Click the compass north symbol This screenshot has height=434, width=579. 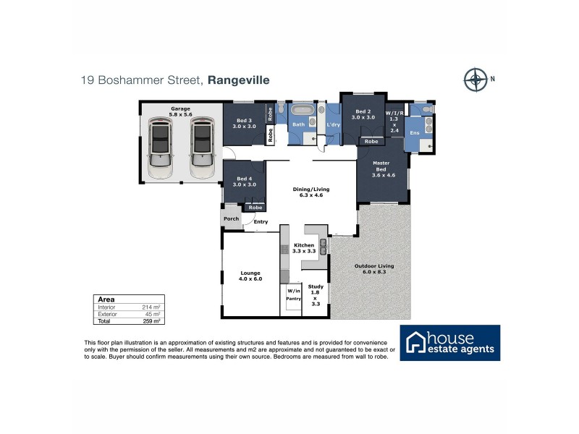click(476, 79)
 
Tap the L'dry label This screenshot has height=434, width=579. click(333, 125)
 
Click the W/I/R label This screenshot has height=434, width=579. click(394, 114)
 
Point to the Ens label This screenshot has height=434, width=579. click(415, 133)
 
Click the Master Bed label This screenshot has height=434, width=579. click(381, 169)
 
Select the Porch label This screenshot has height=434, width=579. click(232, 218)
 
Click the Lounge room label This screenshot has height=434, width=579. click(250, 275)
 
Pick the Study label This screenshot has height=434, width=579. click(315, 286)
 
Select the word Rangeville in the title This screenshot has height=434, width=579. click(238, 81)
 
